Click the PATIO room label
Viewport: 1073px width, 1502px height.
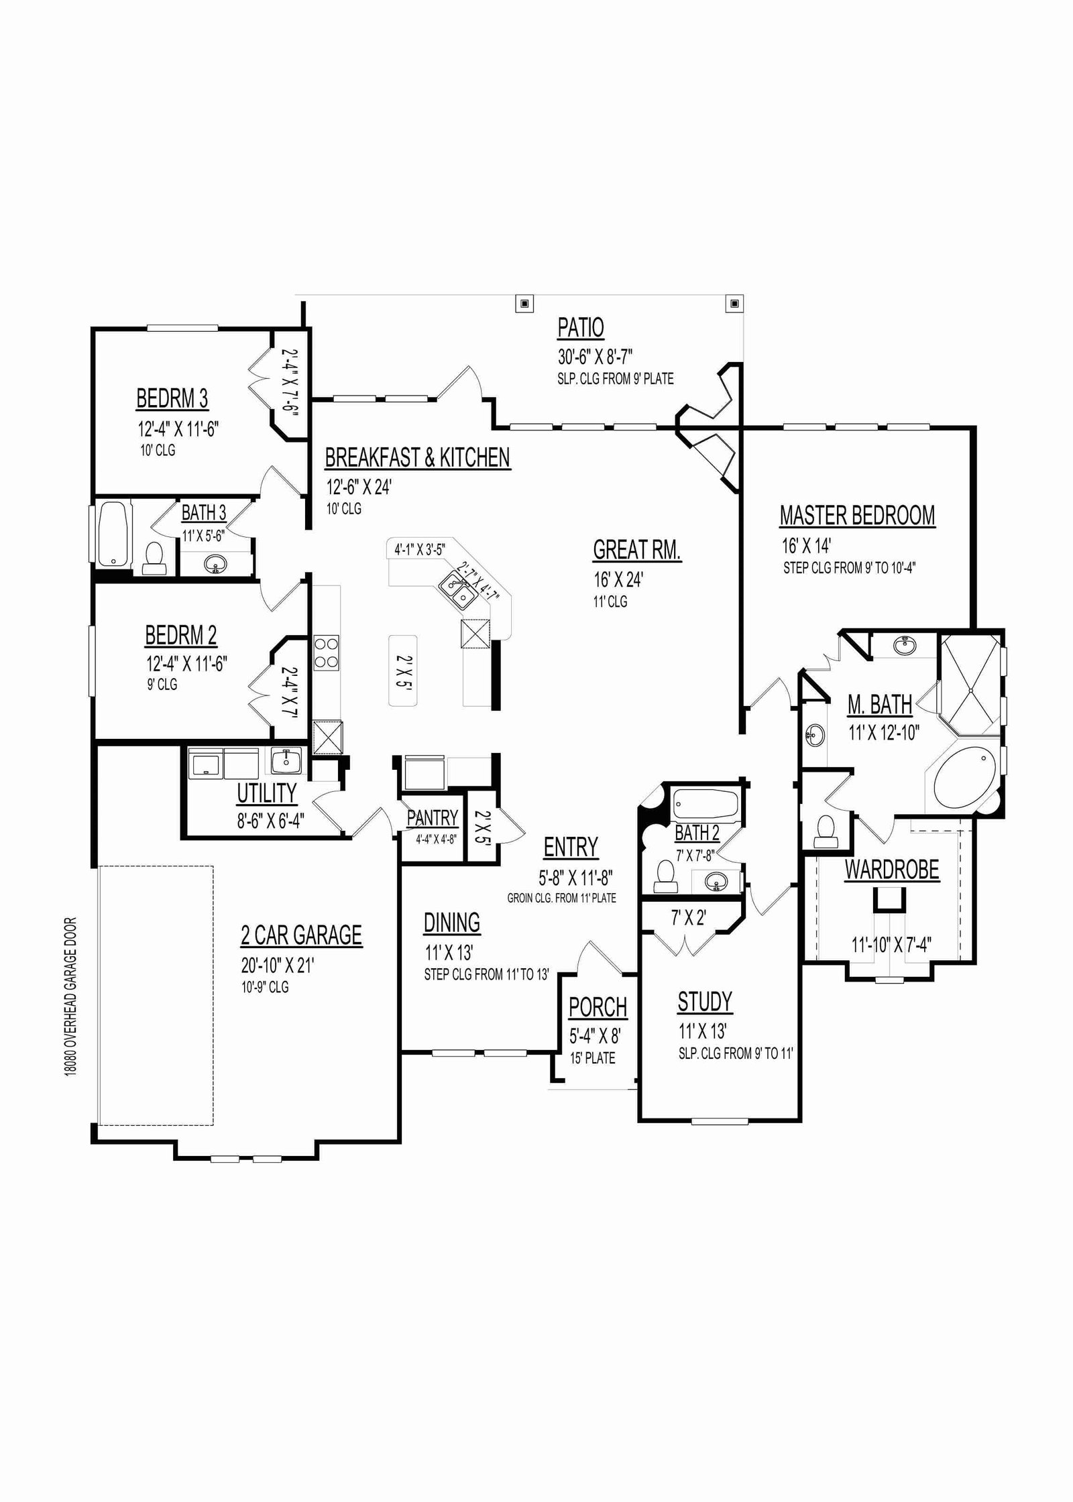pyautogui.click(x=581, y=328)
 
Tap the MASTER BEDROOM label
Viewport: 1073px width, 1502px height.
pyautogui.click(x=857, y=516)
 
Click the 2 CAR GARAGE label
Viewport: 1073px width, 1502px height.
pyautogui.click(x=302, y=935)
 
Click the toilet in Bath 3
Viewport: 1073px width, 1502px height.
pyautogui.click(x=155, y=559)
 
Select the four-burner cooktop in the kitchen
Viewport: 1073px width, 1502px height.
pyautogui.click(x=326, y=652)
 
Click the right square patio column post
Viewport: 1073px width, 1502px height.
pyautogui.click(x=734, y=303)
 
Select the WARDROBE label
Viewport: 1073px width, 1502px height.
pyautogui.click(x=892, y=870)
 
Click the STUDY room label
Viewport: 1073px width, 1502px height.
pyautogui.click(x=705, y=1002)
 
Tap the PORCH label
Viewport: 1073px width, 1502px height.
pyautogui.click(x=598, y=1007)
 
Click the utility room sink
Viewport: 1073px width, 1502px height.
pyautogui.click(x=286, y=761)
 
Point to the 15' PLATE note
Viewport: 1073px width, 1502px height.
pyautogui.click(x=593, y=1058)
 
